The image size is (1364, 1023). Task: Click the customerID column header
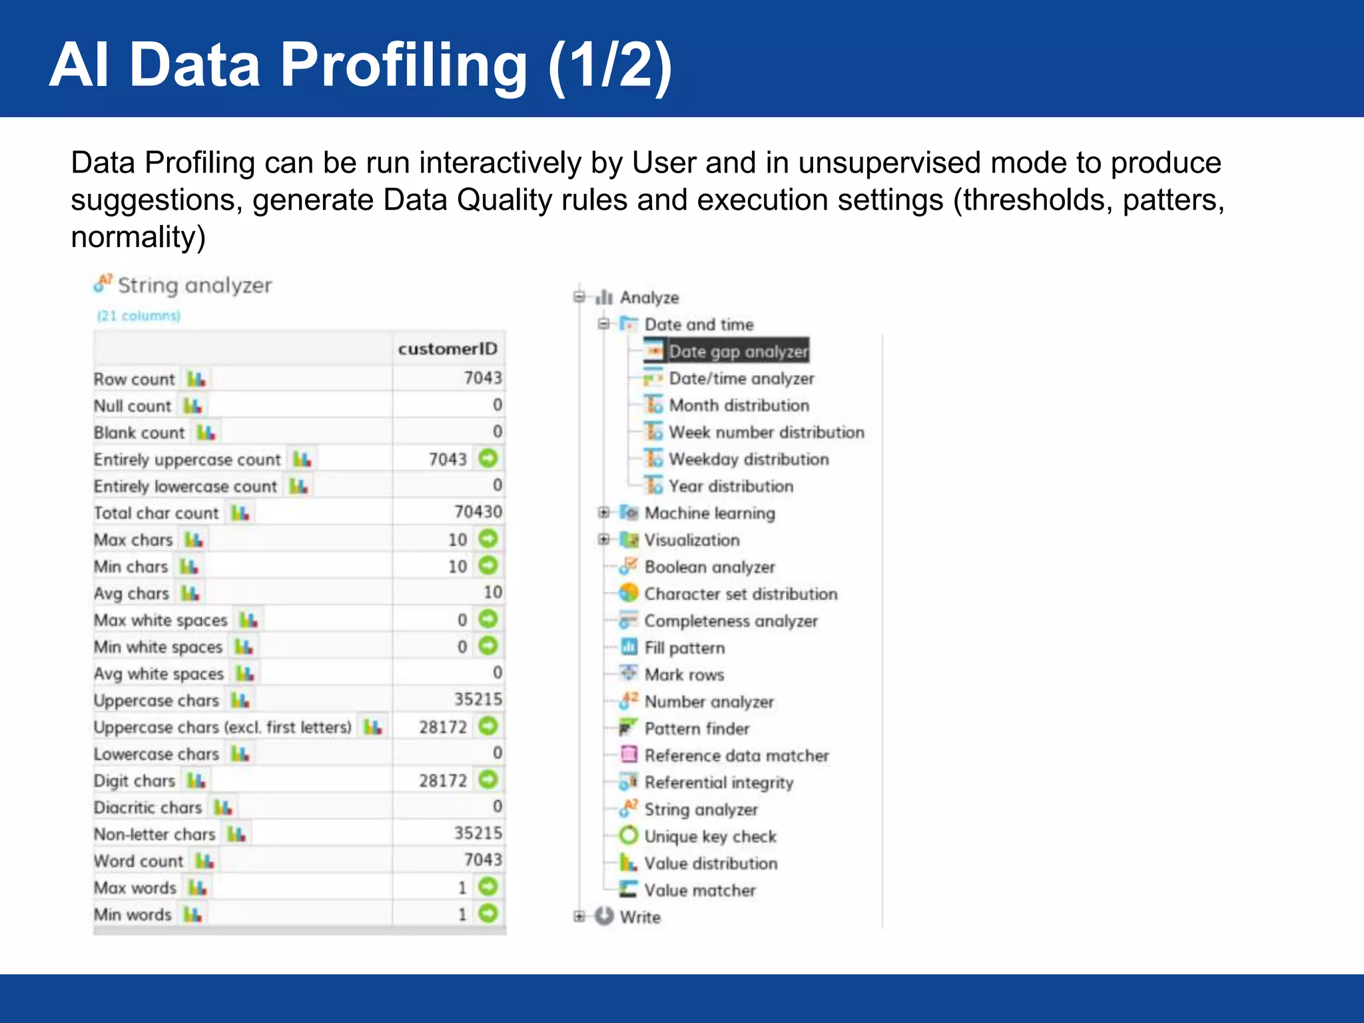coord(447,349)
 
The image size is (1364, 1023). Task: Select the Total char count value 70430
coord(478,512)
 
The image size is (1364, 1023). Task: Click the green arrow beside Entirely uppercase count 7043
coord(488,458)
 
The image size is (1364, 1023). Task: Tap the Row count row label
coord(134,379)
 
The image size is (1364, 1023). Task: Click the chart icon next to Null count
coord(193,406)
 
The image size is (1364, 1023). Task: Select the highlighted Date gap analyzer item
coord(737,351)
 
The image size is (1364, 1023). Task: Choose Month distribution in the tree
coord(739,405)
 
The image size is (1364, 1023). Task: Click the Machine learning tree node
coord(709,513)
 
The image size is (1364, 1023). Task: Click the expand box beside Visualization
coord(603,539)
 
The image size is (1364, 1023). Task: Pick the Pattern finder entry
coord(697,729)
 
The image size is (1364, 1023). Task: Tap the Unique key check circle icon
coord(628,835)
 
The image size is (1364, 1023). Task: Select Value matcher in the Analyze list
coord(699,890)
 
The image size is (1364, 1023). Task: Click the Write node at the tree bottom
coord(639,917)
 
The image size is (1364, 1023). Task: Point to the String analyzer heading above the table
coord(194,286)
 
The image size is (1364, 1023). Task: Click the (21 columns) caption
coord(139,316)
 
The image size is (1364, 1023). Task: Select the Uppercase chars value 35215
coord(478,699)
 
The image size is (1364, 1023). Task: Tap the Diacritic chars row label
coord(147,807)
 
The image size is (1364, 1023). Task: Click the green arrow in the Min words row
coord(488,913)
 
